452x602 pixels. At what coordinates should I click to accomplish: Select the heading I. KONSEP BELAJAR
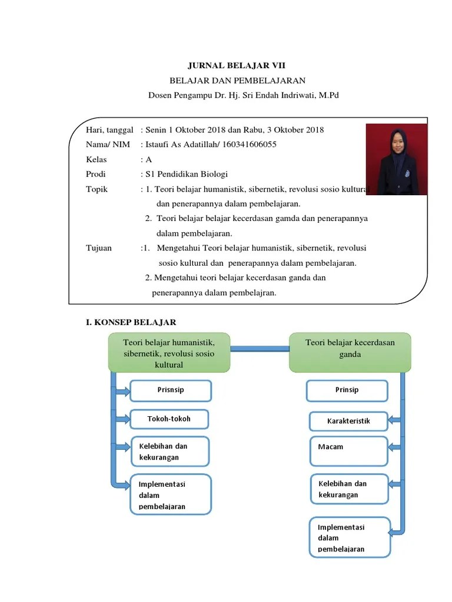pyautogui.click(x=131, y=322)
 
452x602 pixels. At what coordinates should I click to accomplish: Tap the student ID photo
pyautogui.click(x=393, y=159)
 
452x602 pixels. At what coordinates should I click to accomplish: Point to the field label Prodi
pyautogui.click(x=95, y=174)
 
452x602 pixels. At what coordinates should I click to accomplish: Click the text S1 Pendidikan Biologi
pyautogui.click(x=187, y=174)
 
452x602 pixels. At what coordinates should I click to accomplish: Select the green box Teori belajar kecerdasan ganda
pyautogui.click(x=350, y=351)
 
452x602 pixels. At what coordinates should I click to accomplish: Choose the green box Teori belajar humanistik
pyautogui.click(x=169, y=353)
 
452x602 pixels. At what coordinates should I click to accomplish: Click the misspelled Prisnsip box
pyautogui.click(x=170, y=390)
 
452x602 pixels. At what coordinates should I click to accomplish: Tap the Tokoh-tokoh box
pyautogui.click(x=169, y=419)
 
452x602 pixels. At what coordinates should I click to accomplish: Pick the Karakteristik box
pyautogui.click(x=348, y=421)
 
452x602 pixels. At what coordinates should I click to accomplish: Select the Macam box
pyautogui.click(x=348, y=450)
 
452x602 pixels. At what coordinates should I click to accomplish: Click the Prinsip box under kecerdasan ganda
pyautogui.click(x=347, y=390)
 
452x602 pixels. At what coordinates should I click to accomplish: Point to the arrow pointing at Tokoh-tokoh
pyautogui.click(x=121, y=419)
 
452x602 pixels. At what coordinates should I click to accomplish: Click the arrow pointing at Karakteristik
pyautogui.click(x=395, y=421)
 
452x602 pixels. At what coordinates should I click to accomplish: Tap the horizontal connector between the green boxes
pyautogui.click(x=260, y=349)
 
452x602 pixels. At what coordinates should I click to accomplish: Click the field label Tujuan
pyautogui.click(x=98, y=248)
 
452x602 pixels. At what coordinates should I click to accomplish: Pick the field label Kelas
pyautogui.click(x=95, y=159)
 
